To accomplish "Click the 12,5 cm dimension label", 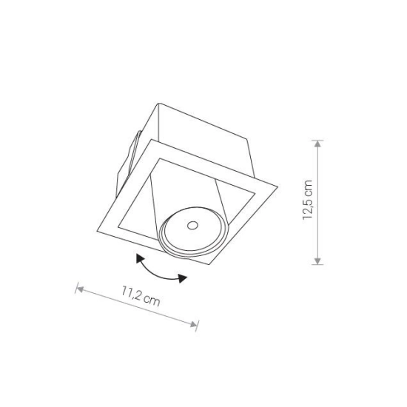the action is coord(308,200).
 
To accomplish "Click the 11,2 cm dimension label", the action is coord(141,296).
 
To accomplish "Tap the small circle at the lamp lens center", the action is coord(192,226).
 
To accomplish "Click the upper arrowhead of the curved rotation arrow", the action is coord(140,259).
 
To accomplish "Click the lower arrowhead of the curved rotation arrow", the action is coord(183,278).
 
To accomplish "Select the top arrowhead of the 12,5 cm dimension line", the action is coord(317,144).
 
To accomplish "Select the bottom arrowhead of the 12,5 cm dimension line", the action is coord(317,261).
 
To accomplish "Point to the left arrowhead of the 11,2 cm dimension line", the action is coord(80,289).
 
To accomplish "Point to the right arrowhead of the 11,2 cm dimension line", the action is coord(194,324).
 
